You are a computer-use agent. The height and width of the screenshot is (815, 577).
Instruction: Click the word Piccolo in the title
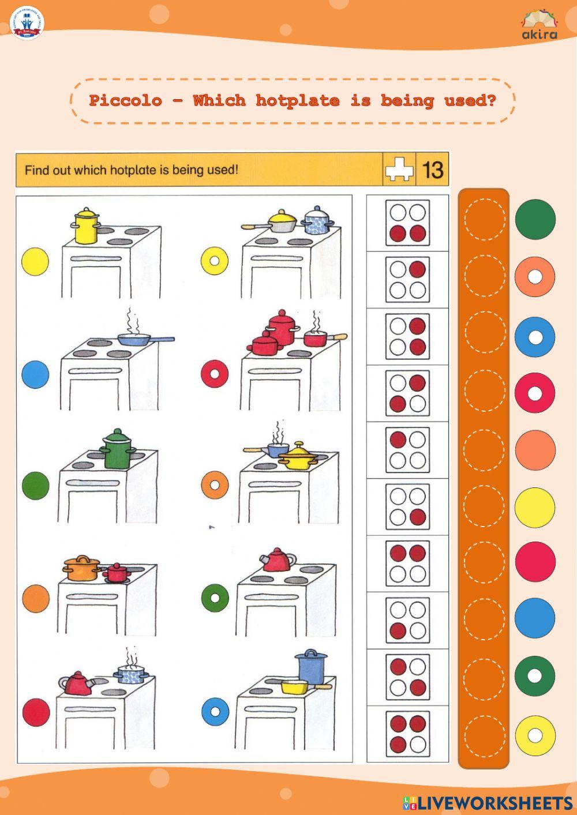[x=125, y=100]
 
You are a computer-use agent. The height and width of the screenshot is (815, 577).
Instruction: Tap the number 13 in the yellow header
[x=433, y=170]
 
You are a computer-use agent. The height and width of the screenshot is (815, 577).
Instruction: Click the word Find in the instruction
[x=36, y=170]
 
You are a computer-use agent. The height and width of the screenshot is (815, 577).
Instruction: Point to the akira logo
[x=539, y=25]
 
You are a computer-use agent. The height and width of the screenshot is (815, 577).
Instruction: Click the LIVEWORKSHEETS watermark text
[x=494, y=802]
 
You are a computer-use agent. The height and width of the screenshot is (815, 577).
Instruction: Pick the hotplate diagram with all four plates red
[x=407, y=734]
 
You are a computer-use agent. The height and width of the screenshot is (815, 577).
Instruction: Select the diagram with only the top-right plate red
[x=407, y=279]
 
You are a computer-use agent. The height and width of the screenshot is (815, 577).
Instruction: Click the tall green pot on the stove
[x=118, y=449]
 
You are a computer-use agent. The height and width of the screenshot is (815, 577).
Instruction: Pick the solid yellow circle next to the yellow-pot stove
[x=35, y=261]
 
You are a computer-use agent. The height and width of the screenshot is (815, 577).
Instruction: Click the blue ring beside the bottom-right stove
[x=215, y=711]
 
